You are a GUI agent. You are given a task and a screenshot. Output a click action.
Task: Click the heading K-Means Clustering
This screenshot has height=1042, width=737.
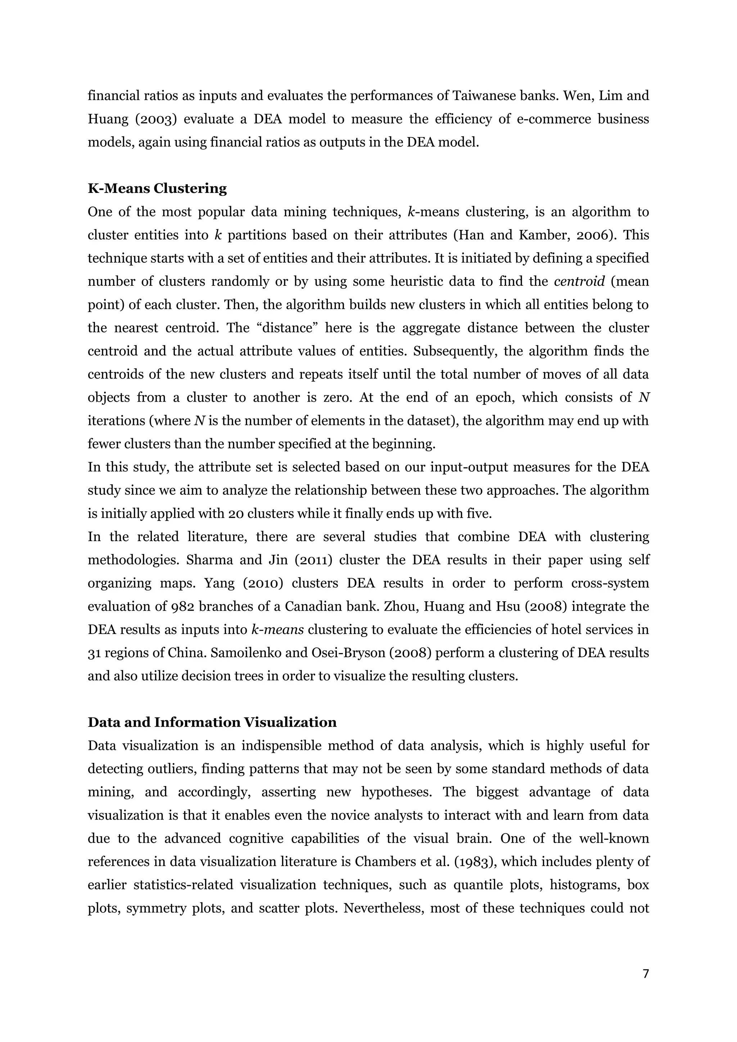[x=157, y=188]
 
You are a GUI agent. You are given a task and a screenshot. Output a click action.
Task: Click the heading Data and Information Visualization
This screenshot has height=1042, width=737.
[x=212, y=722]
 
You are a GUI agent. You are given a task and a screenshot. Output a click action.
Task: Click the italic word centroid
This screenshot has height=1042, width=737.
[x=579, y=281]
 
